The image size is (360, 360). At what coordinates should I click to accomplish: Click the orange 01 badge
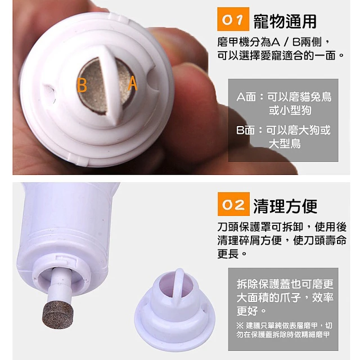pyautogui.click(x=233, y=19)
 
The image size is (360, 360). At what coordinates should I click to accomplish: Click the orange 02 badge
pyautogui.click(x=233, y=204)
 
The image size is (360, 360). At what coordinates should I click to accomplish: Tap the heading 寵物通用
pyautogui.click(x=285, y=21)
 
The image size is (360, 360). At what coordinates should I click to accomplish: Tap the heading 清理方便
pyautogui.click(x=285, y=206)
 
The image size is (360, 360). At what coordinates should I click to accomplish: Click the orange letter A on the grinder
pyautogui.click(x=133, y=83)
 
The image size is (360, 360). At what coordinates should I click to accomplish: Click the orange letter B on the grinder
pyautogui.click(x=82, y=85)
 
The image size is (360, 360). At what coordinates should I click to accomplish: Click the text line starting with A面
pyautogui.click(x=284, y=97)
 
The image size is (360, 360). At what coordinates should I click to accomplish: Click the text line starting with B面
pyautogui.click(x=283, y=130)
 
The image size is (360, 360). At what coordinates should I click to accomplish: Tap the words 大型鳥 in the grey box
pyautogui.click(x=285, y=144)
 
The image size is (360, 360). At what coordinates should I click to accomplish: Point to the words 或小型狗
pyautogui.click(x=290, y=110)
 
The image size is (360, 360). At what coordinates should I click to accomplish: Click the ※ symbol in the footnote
pyautogui.click(x=240, y=325)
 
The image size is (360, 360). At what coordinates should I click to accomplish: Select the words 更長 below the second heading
pyautogui.click(x=228, y=254)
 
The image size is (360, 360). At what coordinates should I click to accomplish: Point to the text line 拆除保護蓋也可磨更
pyautogui.click(x=285, y=283)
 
